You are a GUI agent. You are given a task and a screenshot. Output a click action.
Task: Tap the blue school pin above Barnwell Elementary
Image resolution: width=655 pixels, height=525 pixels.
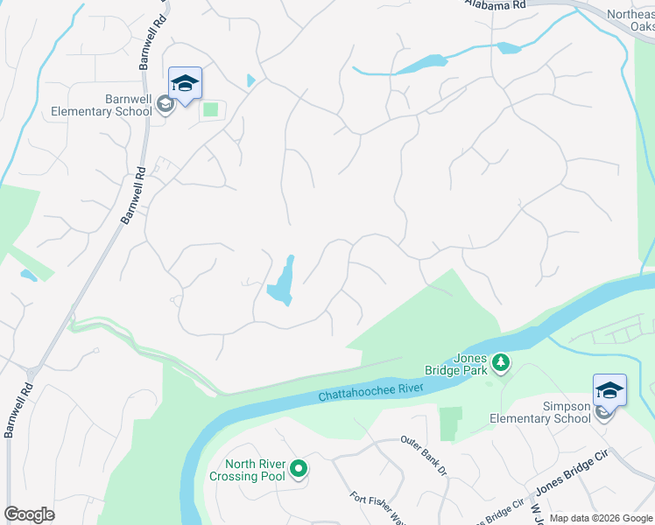click(185, 84)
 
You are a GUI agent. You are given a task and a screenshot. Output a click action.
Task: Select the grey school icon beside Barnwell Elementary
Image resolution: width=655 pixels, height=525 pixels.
click(164, 105)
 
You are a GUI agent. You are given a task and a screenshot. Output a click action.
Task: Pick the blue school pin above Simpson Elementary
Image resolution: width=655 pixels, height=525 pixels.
click(609, 390)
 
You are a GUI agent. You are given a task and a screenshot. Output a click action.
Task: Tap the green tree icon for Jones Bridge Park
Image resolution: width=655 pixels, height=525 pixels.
click(501, 360)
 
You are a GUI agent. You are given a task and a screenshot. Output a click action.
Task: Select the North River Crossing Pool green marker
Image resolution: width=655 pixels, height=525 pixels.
click(299, 470)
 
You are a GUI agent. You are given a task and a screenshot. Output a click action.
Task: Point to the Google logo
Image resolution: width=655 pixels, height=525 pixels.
click(29, 514)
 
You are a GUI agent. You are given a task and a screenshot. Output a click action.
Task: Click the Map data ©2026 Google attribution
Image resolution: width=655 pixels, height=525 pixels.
click(601, 518)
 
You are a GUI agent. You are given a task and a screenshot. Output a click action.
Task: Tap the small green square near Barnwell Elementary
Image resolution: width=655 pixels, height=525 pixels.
click(210, 109)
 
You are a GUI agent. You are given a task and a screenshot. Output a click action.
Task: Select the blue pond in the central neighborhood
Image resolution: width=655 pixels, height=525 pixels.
click(282, 282)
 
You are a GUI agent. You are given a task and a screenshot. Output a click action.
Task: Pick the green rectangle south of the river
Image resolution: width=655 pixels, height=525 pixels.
click(450, 423)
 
